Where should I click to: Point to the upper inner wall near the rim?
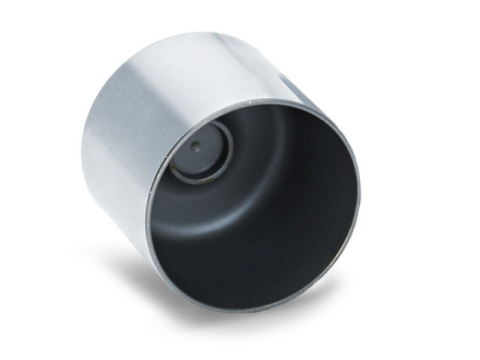pos(273,120)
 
